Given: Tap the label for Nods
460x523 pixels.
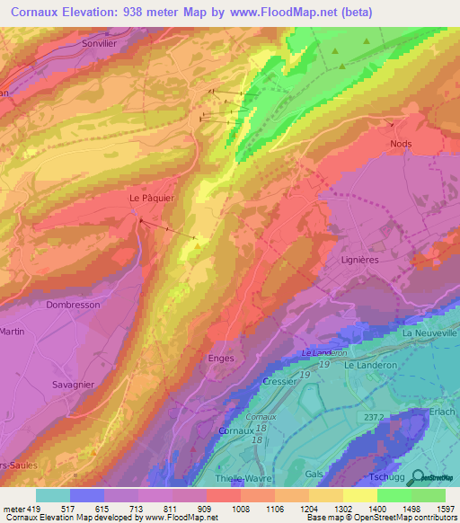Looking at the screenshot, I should [401, 143].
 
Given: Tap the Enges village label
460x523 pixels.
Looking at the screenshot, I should [220, 359].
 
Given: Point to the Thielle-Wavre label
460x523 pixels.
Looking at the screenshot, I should [259, 478].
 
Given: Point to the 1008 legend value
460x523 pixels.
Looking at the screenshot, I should [240, 510].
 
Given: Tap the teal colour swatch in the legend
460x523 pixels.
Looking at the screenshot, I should [52, 495].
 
